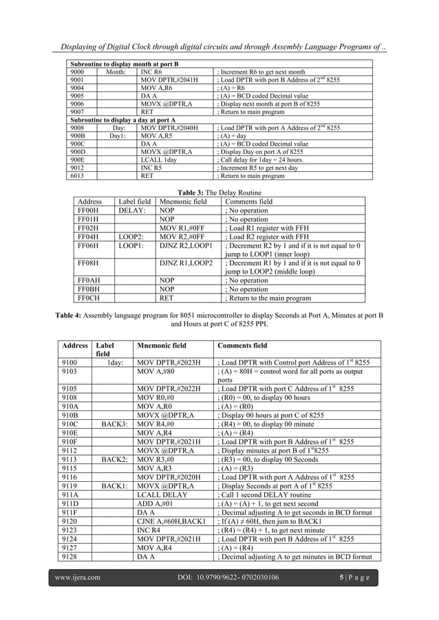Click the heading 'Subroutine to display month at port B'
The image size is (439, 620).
(124, 64)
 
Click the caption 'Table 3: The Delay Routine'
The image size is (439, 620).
(219, 193)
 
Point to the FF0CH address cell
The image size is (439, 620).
(91, 299)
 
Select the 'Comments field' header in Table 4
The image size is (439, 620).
(242, 346)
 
